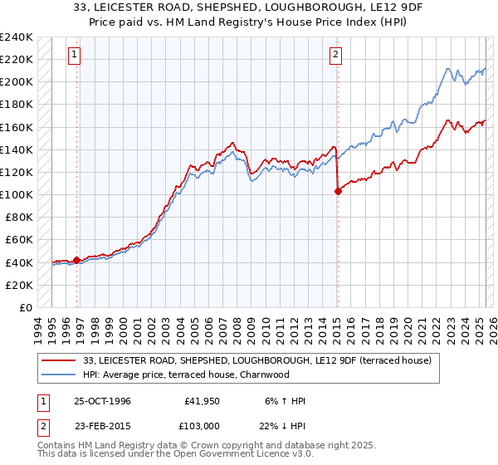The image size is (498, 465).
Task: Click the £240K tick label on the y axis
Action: coord(16,37)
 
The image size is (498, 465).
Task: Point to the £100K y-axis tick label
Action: coord(16,194)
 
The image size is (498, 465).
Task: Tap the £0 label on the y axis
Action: coord(26,307)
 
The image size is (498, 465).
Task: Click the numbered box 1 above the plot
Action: coord(74,56)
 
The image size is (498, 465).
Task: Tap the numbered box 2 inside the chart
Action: coord(335,56)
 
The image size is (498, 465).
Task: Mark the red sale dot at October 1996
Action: coord(77,260)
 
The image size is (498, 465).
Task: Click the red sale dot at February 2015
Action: coord(338,191)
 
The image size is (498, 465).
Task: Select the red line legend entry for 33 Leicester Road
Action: coord(257,360)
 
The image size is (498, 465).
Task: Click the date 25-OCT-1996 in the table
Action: coord(102,401)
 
